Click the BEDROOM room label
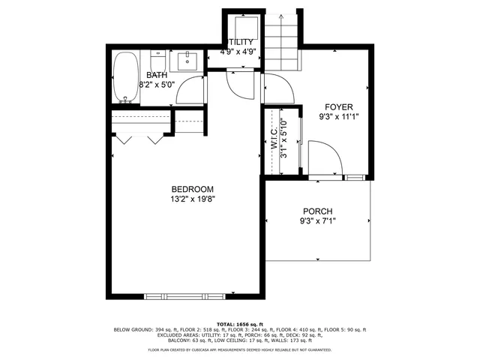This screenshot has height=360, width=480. pyautogui.click(x=192, y=189)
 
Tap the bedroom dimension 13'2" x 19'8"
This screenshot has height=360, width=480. pyautogui.click(x=192, y=199)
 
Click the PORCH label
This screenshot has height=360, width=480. pyautogui.click(x=317, y=211)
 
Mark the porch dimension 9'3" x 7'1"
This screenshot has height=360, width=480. pyautogui.click(x=317, y=222)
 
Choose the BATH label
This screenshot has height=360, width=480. pyautogui.click(x=157, y=76)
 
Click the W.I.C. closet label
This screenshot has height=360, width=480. pyautogui.click(x=274, y=139)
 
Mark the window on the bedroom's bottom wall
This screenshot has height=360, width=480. pyautogui.click(x=174, y=295)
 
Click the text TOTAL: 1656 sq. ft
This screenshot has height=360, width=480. pyautogui.click(x=240, y=323)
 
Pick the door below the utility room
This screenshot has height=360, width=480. pyautogui.click(x=241, y=85)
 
